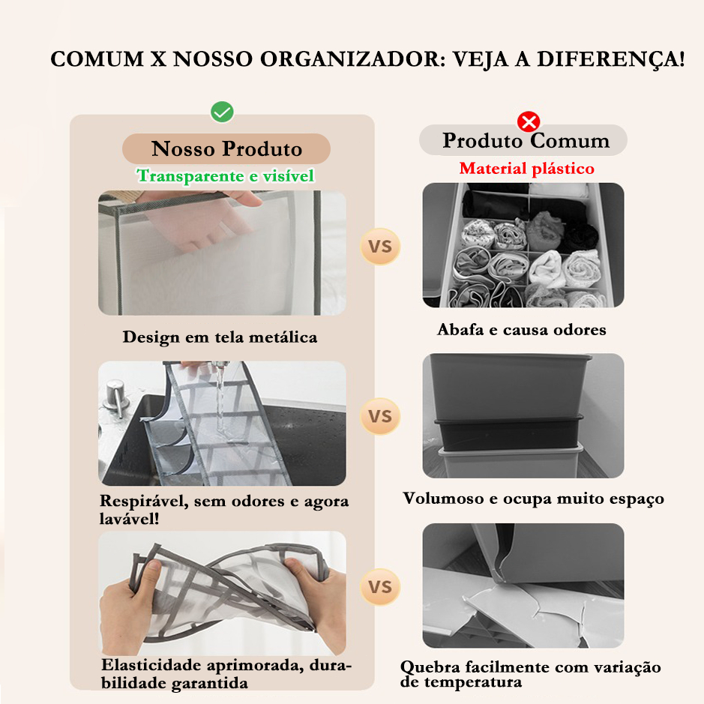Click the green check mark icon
(222, 112)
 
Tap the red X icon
(529, 121)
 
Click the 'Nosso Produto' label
(226, 148)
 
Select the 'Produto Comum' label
(526, 140)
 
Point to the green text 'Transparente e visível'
(226, 175)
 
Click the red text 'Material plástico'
(526, 169)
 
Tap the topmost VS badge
(380, 247)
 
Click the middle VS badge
(380, 416)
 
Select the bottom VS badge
(380, 587)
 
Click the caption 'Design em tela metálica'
(220, 337)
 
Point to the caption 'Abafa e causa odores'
(522, 330)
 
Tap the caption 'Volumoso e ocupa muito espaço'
(533, 499)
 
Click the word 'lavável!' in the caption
(129, 519)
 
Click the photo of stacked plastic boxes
(523, 415)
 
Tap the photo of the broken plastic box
(523, 586)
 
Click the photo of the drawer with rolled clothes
(523, 244)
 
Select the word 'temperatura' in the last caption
(473, 682)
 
